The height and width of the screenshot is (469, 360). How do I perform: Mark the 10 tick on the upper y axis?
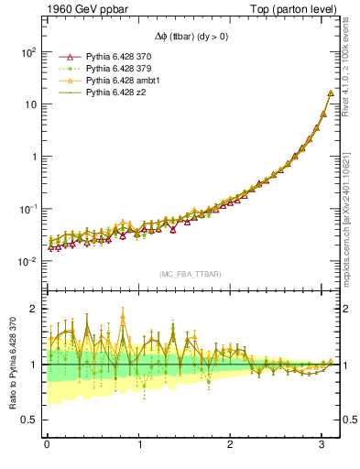tap(29, 104)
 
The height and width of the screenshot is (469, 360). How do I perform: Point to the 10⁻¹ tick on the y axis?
tap(27, 209)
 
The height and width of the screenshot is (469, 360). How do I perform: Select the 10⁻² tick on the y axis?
tap(27, 261)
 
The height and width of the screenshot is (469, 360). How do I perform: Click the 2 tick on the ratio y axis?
tap(33, 309)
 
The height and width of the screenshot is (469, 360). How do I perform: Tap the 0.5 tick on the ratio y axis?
tap(29, 420)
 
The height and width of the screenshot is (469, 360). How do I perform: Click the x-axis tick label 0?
tap(47, 446)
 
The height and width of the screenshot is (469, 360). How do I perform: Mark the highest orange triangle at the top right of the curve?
tap(330, 93)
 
